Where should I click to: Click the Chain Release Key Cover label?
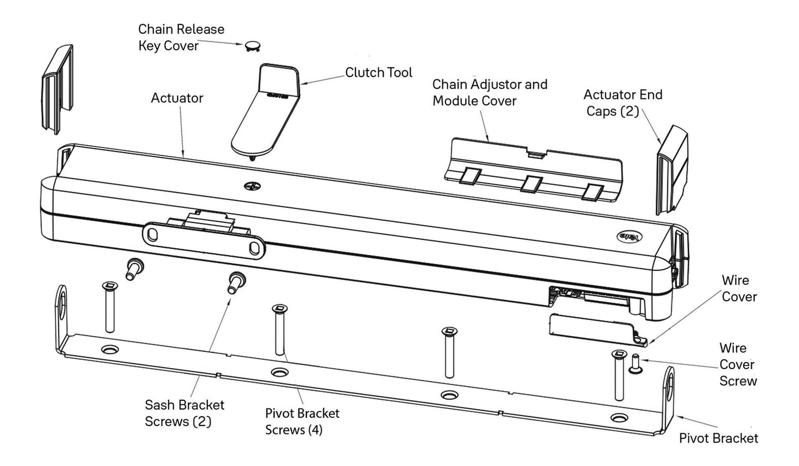point(181,37)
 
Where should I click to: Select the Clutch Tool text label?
point(379,72)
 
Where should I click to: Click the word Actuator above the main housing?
point(177,98)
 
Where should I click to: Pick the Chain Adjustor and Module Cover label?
point(489,92)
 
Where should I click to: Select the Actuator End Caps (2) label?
point(623,103)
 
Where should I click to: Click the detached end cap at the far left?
point(58,88)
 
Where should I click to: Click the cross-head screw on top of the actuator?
point(250,187)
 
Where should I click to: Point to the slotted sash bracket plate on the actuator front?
point(203,239)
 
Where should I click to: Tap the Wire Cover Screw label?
point(738,364)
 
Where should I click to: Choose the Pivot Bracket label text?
point(718,438)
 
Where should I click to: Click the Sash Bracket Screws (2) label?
point(184,413)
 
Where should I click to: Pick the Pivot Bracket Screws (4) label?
point(302,421)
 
